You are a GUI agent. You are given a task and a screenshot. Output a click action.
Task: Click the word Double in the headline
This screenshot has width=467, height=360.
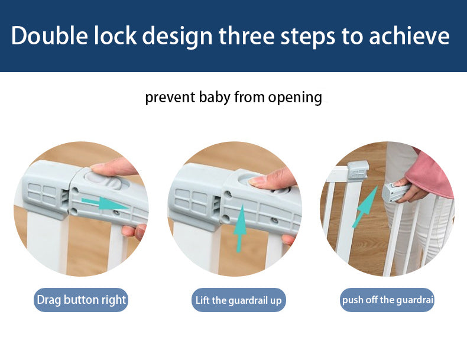[x=50, y=35]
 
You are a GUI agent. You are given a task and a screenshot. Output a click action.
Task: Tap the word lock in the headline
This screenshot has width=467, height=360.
[x=115, y=35]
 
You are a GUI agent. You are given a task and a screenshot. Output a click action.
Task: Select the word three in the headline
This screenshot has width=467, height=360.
[x=247, y=35]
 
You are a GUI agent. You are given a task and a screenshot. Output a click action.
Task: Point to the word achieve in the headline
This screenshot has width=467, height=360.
[x=409, y=35]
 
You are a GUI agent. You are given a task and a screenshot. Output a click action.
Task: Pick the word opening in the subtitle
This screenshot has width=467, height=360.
[x=295, y=98]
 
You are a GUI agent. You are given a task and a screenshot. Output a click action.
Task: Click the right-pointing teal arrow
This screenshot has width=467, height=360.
[x=105, y=203]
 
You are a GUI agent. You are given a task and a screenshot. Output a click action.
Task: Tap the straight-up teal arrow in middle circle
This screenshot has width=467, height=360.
[x=240, y=228]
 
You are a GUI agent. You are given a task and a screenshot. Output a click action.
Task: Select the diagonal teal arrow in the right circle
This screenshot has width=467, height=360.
[x=365, y=207]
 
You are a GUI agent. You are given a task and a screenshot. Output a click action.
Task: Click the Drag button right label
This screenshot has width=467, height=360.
[x=81, y=300]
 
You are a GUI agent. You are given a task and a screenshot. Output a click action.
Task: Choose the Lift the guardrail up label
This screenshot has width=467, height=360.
[x=239, y=300]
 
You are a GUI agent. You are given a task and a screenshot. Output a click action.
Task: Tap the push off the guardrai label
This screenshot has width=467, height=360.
[x=387, y=300]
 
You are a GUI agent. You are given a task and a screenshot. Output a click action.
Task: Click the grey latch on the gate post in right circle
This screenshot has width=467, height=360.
[x=358, y=170]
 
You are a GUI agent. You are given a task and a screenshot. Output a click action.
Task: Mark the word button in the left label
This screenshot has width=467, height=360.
[x=82, y=300]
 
